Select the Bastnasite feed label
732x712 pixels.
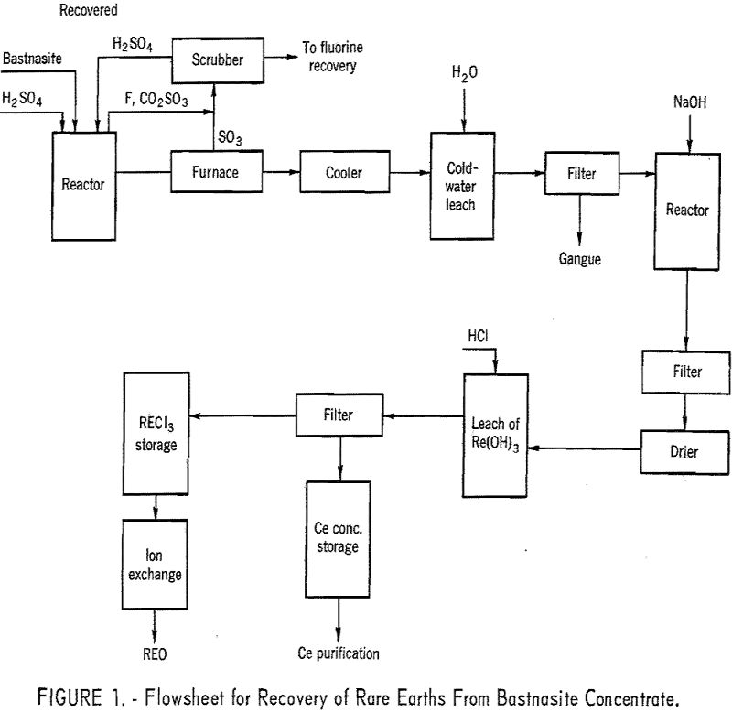[33, 59]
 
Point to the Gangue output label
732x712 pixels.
[580, 259]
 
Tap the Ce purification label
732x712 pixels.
[339, 653]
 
